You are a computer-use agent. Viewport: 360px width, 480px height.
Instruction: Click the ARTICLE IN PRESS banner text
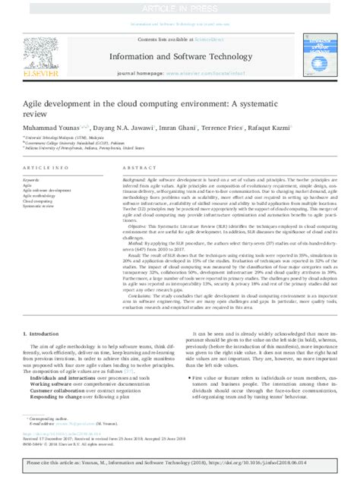point(180,7)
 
